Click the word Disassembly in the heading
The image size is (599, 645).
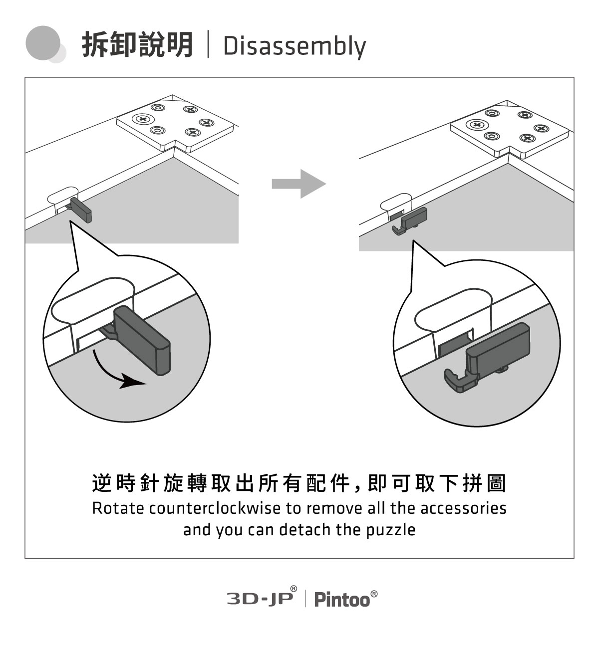[295, 46]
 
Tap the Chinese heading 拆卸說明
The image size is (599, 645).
[137, 45]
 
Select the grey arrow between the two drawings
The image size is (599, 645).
[299, 184]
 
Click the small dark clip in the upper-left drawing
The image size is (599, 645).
[82, 209]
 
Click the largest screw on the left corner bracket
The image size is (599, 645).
[143, 119]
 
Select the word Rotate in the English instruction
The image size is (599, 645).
[118, 508]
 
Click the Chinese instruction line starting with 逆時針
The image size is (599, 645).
[299, 483]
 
